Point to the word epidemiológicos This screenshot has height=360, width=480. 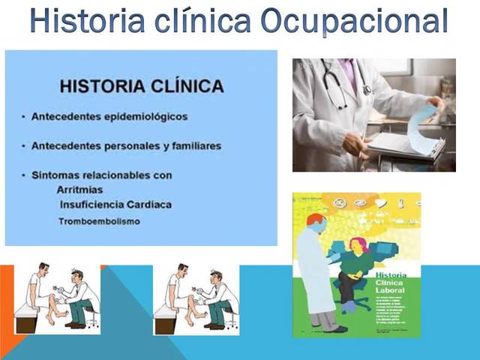[x=145, y=117]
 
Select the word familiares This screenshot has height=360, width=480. [x=190, y=145]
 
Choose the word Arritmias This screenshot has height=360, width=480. [x=80, y=190]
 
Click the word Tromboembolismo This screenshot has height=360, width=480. [x=98, y=221]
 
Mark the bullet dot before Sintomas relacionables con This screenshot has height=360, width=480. [x=24, y=175]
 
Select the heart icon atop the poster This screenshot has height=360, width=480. [x=381, y=202]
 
